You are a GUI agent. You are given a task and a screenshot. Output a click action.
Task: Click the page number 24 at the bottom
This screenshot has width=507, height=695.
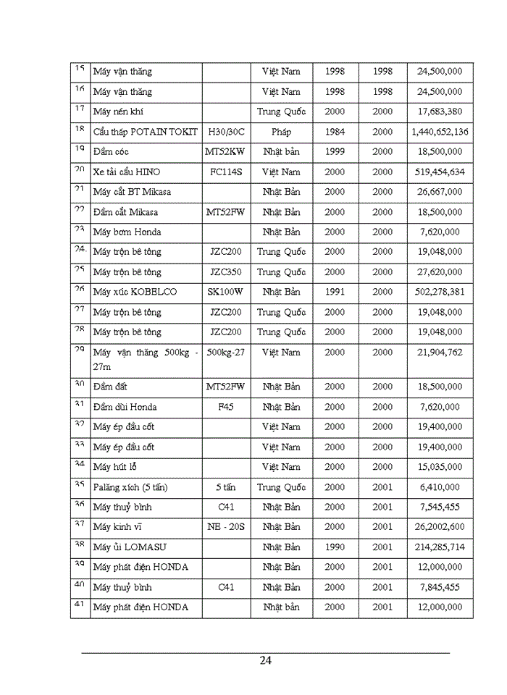pyautogui.click(x=265, y=660)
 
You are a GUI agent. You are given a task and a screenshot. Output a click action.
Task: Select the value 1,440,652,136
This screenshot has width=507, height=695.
pyautogui.click(x=440, y=132)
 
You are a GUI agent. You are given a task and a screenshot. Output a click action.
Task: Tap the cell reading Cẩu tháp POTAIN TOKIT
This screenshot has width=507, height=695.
pyautogui.click(x=144, y=132)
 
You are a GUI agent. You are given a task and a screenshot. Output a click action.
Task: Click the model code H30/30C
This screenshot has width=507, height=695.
pyautogui.click(x=226, y=132)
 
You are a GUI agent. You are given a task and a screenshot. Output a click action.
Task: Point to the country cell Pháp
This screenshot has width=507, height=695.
pyautogui.click(x=281, y=132)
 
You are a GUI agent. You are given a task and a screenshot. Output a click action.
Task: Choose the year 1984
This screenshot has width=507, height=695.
pyautogui.click(x=335, y=132)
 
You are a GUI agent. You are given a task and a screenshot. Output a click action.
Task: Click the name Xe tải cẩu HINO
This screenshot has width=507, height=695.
pyautogui.click(x=127, y=172)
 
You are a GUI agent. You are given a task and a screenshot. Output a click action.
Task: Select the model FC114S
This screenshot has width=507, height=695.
pyautogui.click(x=226, y=172)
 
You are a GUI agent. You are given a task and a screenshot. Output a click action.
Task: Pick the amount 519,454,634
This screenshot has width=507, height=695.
pyautogui.click(x=440, y=172)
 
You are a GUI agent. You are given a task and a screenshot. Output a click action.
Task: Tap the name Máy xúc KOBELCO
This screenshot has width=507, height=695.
pyautogui.click(x=135, y=292)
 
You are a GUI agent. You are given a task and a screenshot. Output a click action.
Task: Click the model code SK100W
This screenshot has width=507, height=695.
pyautogui.click(x=226, y=292)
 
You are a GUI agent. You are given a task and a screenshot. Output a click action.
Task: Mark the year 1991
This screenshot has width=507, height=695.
pyautogui.click(x=335, y=292)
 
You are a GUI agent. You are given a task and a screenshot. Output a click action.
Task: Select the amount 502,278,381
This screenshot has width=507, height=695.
pyautogui.click(x=440, y=292)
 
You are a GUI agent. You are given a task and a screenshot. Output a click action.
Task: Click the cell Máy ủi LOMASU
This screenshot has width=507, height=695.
pyautogui.click(x=129, y=547)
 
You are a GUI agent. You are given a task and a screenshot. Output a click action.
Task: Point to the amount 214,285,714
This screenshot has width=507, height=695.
pyautogui.click(x=440, y=547)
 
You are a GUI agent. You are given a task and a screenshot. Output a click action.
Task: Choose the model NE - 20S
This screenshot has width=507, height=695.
pyautogui.click(x=226, y=527)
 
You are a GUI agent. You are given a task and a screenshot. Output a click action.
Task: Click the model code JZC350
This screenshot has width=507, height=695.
pyautogui.click(x=226, y=272)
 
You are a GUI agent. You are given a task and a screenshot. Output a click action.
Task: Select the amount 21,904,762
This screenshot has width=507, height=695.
pyautogui.click(x=440, y=352)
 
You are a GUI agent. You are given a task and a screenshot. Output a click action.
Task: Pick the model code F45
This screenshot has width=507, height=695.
pyautogui.click(x=226, y=407)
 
